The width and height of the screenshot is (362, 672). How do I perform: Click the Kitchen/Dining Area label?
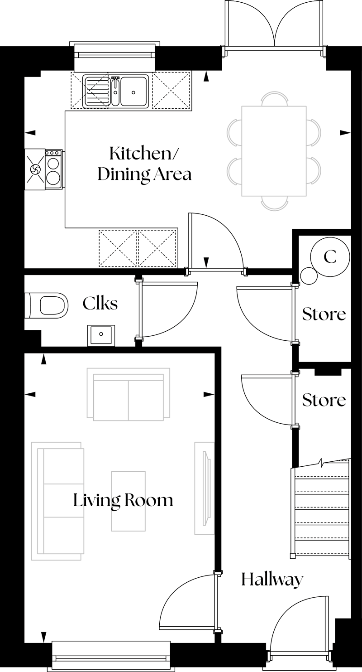144,164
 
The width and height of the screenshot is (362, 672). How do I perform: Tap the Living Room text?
123,500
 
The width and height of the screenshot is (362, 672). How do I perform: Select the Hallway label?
272,580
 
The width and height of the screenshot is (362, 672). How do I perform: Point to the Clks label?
100,303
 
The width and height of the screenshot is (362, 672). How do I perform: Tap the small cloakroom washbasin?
101,335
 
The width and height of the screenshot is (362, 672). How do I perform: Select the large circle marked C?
330,257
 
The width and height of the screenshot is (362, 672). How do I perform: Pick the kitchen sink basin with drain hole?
133,91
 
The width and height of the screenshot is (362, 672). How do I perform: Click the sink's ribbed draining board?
96,91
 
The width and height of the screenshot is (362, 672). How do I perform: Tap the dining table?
274,151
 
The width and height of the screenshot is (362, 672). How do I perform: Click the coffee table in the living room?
129,501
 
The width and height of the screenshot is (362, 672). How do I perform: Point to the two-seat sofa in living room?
129,393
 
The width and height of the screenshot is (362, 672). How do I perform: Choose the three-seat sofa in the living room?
57,501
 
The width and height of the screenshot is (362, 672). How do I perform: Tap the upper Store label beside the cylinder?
324,314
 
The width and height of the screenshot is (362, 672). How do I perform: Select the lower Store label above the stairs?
324,400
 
